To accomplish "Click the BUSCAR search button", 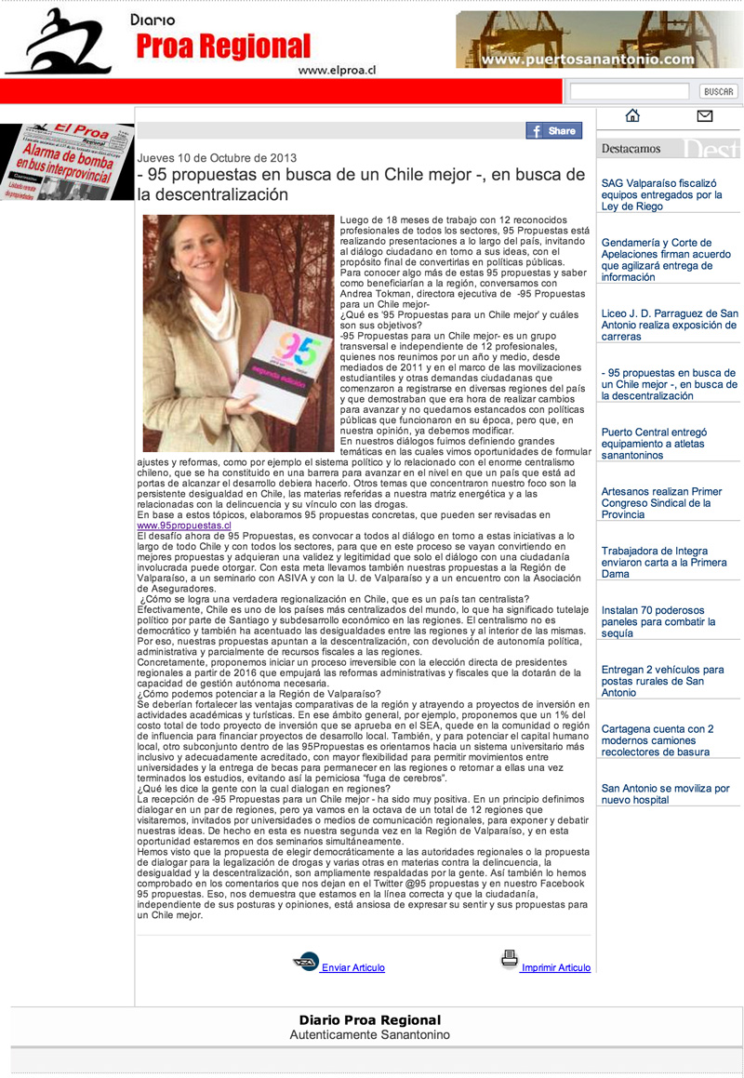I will [718, 91].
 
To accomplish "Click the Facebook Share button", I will [554, 131].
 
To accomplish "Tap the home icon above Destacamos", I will [633, 116].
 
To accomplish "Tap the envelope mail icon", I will [704, 116].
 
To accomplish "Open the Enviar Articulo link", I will [352, 967].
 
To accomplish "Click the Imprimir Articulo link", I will [555, 967].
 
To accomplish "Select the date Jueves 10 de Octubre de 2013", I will [217, 157].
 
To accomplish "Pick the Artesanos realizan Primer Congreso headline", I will [661, 502].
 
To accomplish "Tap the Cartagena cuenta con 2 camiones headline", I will [658, 740].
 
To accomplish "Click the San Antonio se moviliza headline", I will [665, 793].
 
